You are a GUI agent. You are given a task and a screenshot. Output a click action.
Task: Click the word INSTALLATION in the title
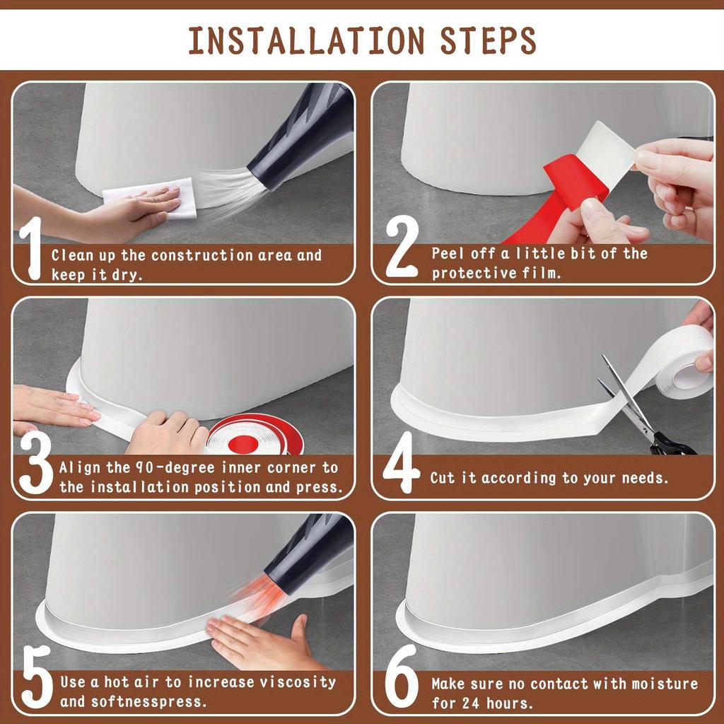[307, 41]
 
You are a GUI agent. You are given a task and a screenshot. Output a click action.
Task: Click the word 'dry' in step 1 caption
[127, 275]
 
